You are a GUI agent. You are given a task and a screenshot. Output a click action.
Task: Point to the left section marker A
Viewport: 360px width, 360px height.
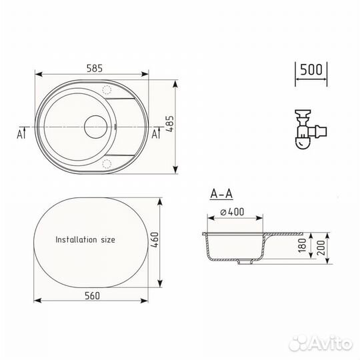point(22,133)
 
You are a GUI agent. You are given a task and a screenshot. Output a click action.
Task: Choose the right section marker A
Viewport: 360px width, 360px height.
point(155,133)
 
